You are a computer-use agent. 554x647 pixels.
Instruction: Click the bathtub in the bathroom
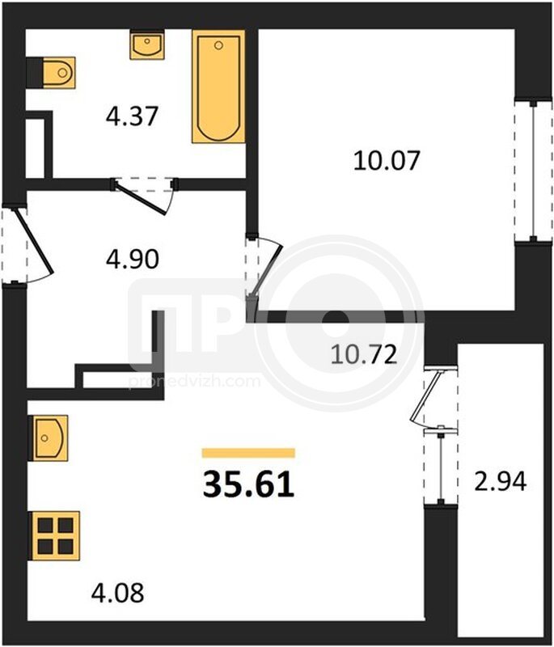218,87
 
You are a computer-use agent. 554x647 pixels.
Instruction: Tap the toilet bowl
58,73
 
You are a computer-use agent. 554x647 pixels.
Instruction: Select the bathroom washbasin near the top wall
147,45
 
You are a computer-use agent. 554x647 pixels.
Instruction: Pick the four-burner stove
56,536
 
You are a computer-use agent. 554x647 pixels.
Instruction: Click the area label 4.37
132,116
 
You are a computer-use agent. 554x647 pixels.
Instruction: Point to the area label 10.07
387,160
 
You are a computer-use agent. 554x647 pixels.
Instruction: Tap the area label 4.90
133,260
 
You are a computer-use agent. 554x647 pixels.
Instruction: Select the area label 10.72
364,355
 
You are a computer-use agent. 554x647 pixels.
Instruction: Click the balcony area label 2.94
501,481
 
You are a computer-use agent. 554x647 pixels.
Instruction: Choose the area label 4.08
117,593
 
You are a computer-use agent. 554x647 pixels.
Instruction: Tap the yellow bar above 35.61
249,453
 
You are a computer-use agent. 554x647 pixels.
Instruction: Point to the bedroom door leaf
267,269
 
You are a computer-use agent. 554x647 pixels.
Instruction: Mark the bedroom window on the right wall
533,170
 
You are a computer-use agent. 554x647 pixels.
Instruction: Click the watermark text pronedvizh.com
194,381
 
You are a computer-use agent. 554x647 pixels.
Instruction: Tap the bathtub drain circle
218,45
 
